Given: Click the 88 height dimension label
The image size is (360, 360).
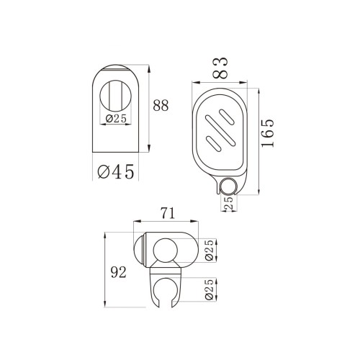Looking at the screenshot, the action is pyautogui.click(x=161, y=105).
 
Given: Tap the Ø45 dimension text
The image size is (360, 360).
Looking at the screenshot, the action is pyautogui.click(x=115, y=171).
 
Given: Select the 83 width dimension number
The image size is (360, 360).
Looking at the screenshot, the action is pyautogui.click(x=220, y=68).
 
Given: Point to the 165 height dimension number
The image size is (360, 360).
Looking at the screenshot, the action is pyautogui.click(x=268, y=132).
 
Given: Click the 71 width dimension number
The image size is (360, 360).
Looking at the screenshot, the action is pyautogui.click(x=168, y=213).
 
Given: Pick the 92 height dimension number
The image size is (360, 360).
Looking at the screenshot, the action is pyautogui.click(x=118, y=272).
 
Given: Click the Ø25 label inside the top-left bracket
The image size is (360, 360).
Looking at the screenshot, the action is pyautogui.click(x=116, y=119).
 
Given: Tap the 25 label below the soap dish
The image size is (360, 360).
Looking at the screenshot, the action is pyautogui.click(x=229, y=203).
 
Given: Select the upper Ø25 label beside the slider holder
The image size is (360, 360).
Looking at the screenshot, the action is pyautogui.click(x=210, y=250).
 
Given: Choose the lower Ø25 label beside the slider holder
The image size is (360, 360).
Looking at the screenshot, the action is pyautogui.click(x=210, y=289).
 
